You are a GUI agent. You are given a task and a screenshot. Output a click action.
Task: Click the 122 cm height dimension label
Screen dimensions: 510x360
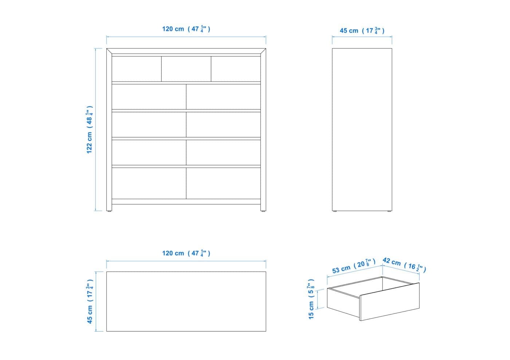(x=89, y=130)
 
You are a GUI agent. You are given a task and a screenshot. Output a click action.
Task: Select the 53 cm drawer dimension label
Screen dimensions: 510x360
(x=354, y=266)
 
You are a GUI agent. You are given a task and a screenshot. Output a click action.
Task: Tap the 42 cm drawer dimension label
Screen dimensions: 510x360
(x=404, y=265)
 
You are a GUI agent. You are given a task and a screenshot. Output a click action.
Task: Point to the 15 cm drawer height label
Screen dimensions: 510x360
(x=311, y=299)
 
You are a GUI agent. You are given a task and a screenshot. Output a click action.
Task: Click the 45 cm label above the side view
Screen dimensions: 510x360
(x=362, y=31)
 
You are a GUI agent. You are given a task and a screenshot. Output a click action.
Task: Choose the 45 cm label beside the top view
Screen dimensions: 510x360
(x=90, y=301)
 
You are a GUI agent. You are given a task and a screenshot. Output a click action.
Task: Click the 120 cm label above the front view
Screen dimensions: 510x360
(x=186, y=29)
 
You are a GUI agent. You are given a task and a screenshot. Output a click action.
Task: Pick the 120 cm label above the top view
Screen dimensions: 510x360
(x=186, y=253)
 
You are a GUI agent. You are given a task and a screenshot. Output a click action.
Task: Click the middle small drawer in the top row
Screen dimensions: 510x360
(x=186, y=69)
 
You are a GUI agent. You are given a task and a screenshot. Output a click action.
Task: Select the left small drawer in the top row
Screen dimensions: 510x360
(x=137, y=69)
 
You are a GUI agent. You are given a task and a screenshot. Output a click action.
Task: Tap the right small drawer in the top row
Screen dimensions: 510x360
(x=236, y=69)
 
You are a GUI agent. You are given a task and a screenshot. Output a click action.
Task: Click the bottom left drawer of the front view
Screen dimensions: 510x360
(x=149, y=183)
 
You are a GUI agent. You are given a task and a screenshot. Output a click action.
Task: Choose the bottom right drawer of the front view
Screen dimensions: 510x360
(x=223, y=183)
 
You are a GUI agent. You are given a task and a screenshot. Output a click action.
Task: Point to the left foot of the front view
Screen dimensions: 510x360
(x=109, y=211)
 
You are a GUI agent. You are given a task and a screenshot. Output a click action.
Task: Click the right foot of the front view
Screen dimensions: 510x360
(x=263, y=211)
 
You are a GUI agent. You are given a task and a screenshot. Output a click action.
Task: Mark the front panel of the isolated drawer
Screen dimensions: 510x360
(x=389, y=302)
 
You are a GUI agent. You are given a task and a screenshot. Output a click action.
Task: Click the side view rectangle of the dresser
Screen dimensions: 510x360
(x=362, y=130)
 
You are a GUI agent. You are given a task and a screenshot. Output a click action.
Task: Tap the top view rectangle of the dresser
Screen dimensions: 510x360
(x=186, y=301)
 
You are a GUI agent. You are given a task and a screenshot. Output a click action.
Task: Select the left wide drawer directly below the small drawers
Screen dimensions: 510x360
(x=149, y=97)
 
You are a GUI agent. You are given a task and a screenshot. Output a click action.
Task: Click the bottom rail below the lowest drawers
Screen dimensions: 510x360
(x=186, y=202)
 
